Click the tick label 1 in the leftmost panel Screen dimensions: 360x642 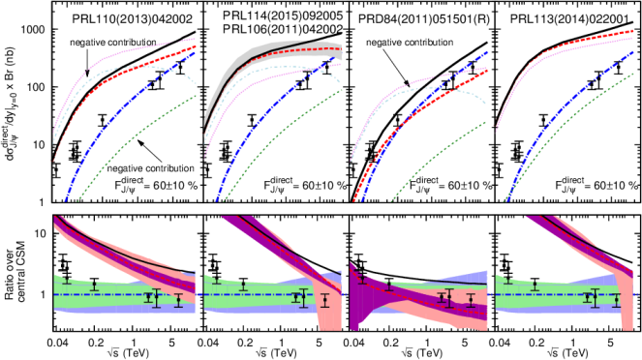[138, 214]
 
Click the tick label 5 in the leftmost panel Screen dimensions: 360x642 [175, 214]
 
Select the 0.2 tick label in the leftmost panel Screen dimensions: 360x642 [104, 214]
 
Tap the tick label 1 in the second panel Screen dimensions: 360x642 [287, 214]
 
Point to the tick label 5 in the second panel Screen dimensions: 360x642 [321, 214]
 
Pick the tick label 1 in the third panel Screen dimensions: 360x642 [433, 214]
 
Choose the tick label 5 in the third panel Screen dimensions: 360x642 [468, 214]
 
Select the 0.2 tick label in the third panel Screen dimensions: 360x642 [398, 214]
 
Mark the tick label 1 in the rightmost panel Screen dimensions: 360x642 [579, 214]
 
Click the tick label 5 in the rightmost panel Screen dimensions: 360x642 [614, 214]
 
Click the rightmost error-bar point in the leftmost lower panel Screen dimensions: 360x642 [178, 300]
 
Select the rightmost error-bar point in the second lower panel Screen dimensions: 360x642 [324, 300]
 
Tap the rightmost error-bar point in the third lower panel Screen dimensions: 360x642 [471, 300]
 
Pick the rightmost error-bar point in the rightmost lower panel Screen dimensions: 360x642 [616, 300]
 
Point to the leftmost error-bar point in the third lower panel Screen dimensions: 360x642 [361, 279]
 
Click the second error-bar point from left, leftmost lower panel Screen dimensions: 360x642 [94, 285]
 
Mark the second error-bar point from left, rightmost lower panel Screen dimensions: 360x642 [535, 285]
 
